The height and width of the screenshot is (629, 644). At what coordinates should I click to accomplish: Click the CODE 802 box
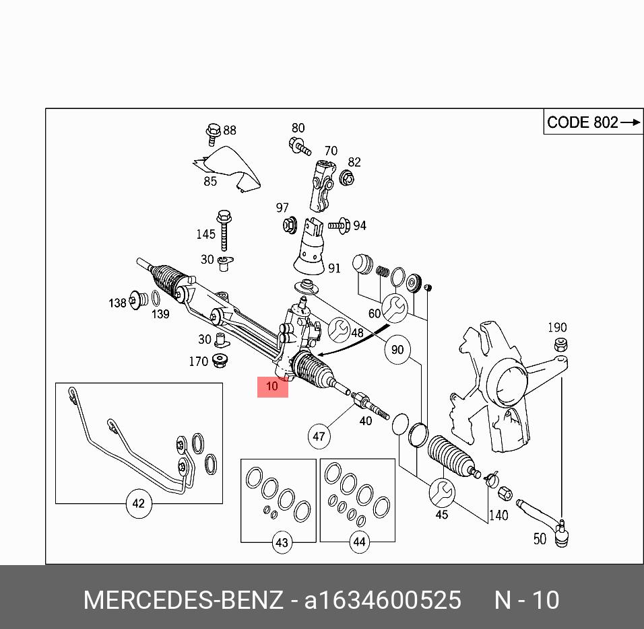tap(593, 122)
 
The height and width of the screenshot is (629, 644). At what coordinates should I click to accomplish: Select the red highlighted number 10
tap(272, 387)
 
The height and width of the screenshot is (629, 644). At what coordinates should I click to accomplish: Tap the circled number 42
tap(138, 503)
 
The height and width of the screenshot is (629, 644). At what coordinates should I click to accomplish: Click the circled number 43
tap(282, 542)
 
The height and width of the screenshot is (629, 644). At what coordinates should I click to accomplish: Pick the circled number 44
tap(358, 542)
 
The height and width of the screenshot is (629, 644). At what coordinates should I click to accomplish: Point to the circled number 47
tap(319, 436)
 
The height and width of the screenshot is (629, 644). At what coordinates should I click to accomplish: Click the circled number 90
tap(397, 350)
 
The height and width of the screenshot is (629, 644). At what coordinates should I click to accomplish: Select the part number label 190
tap(557, 328)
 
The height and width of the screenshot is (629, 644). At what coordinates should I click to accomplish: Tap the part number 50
tap(540, 539)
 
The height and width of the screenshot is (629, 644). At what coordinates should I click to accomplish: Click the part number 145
tap(205, 234)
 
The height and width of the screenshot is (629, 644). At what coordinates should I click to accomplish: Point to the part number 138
tap(117, 303)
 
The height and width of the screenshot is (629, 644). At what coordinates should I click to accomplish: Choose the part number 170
tap(198, 362)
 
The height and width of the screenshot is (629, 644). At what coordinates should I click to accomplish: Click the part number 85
tap(210, 181)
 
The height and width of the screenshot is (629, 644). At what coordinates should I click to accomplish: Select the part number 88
tap(230, 131)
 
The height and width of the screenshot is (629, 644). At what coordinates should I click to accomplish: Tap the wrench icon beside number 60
tap(393, 307)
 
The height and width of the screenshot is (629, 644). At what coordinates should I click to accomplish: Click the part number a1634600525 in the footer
tap(383, 600)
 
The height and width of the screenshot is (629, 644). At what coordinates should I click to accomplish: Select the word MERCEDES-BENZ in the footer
tap(183, 600)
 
